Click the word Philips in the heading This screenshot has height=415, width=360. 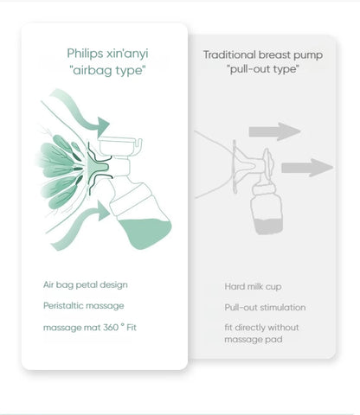[85, 54]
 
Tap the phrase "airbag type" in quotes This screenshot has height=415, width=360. [108, 70]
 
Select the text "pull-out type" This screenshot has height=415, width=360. [263, 69]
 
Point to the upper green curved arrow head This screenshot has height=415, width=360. [103, 126]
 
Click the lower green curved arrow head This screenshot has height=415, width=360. [103, 211]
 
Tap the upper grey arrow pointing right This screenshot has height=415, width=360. [274, 131]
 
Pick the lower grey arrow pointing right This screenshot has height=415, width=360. [307, 168]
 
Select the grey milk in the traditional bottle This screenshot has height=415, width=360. [268, 227]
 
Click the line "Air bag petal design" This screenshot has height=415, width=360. [86, 285]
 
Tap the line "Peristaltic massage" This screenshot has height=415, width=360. [84, 306]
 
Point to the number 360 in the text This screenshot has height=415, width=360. [111, 328]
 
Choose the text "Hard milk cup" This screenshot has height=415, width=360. [253, 287]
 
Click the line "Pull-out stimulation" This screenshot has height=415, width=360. [265, 308]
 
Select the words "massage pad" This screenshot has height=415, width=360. [254, 340]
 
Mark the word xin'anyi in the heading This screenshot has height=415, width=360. [127, 54]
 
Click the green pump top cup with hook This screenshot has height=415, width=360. [119, 146]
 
